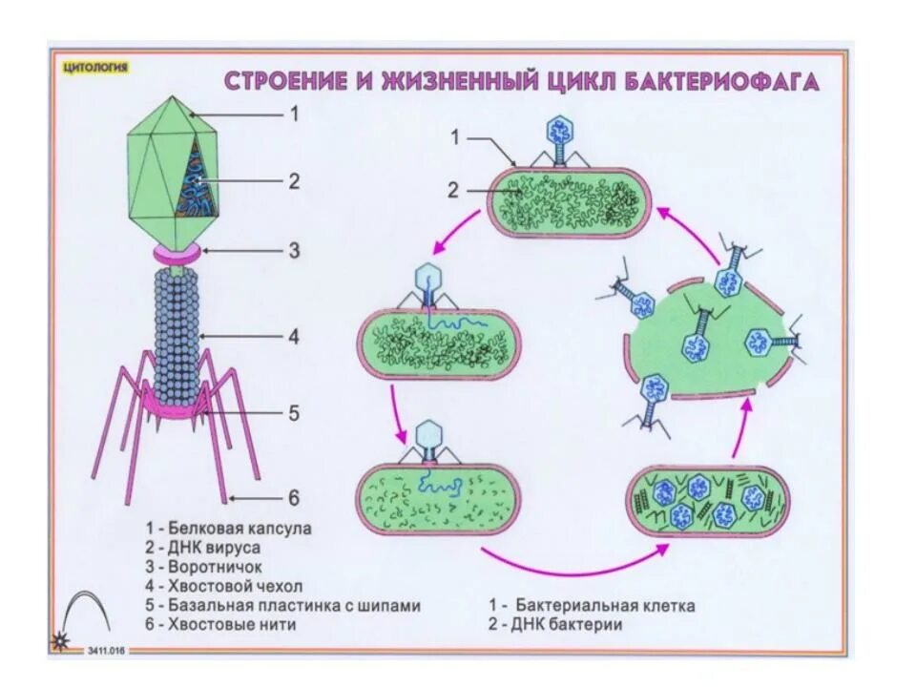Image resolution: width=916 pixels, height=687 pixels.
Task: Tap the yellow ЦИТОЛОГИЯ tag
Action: point(94,67)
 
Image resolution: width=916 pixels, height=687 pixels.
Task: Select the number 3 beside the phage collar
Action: point(295,250)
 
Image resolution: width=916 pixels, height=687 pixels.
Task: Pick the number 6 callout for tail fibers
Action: point(294,497)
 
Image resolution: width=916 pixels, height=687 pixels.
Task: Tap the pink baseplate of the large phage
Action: point(177,406)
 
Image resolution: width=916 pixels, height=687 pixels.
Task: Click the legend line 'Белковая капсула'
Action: point(229,527)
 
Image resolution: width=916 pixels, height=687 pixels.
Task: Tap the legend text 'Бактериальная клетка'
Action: point(593,606)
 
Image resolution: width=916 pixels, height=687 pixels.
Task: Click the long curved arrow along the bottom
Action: point(572,565)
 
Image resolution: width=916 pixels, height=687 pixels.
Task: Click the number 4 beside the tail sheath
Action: point(295,336)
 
